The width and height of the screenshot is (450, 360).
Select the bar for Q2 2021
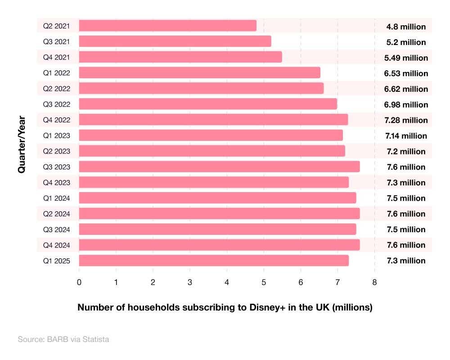(x=167, y=26)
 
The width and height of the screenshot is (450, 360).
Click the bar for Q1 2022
(x=199, y=72)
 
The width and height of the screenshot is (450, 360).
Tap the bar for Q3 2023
(x=219, y=166)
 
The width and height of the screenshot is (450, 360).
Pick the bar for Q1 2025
(x=214, y=260)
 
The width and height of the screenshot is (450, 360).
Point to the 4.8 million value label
(x=406, y=27)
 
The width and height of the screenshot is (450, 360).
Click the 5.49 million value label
(x=406, y=58)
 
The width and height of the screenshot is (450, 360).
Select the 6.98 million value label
(x=406, y=104)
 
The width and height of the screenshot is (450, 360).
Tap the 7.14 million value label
(x=406, y=135)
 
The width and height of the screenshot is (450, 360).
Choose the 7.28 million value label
(x=406, y=120)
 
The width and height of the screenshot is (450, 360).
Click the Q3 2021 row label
(x=56, y=42)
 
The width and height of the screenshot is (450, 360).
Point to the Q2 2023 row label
(x=56, y=151)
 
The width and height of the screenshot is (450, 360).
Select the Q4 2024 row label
(x=56, y=245)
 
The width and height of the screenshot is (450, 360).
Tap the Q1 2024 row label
(x=56, y=198)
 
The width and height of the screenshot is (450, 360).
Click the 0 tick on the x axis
(x=79, y=282)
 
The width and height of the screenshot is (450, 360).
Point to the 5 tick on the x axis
(x=264, y=282)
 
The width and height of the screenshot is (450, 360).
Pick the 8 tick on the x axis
(x=374, y=282)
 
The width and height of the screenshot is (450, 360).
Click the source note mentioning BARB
(x=63, y=339)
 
